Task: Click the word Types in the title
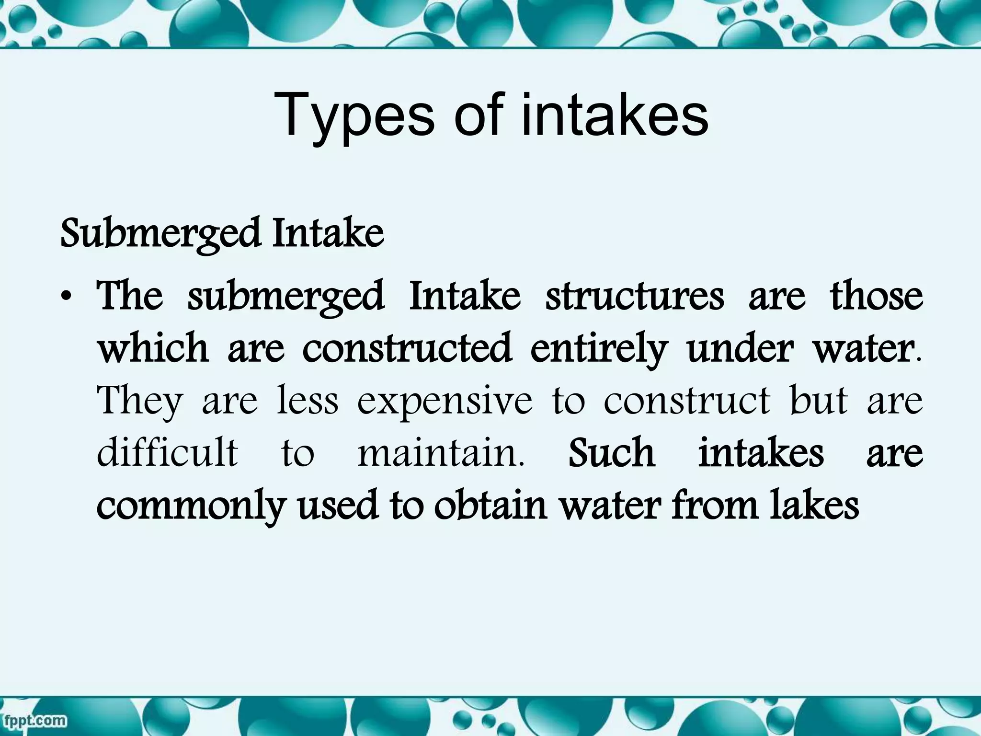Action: click(x=354, y=116)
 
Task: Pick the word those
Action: click(x=876, y=296)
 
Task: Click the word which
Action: click(x=153, y=348)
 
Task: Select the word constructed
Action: click(x=407, y=348)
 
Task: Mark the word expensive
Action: click(x=445, y=402)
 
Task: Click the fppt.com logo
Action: click(x=34, y=720)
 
